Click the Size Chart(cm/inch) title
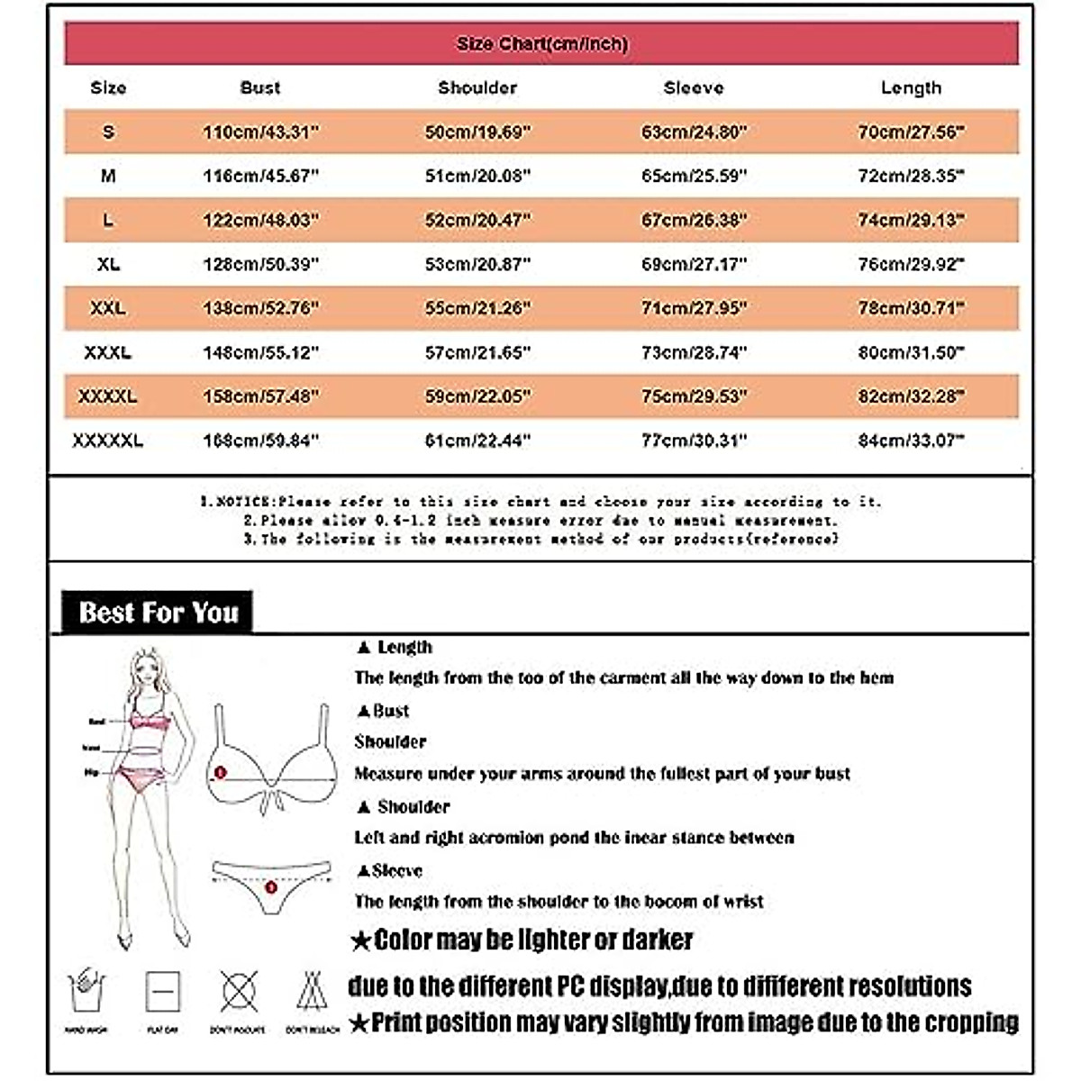click(541, 44)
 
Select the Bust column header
click(260, 88)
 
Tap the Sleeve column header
click(694, 88)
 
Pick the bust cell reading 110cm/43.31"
click(261, 132)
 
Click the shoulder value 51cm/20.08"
click(477, 177)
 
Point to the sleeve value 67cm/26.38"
click(694, 221)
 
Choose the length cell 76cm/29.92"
click(911, 265)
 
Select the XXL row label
click(108, 308)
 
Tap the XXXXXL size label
click(108, 441)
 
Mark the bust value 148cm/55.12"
click(261, 352)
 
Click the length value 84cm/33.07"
click(911, 441)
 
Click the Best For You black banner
click(158, 613)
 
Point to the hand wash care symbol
click(86, 991)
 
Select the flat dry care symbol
click(162, 992)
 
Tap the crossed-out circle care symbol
click(238, 991)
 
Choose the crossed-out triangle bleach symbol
click(312, 991)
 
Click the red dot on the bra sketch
click(221, 773)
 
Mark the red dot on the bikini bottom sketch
click(270, 888)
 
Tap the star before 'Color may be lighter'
click(361, 942)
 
